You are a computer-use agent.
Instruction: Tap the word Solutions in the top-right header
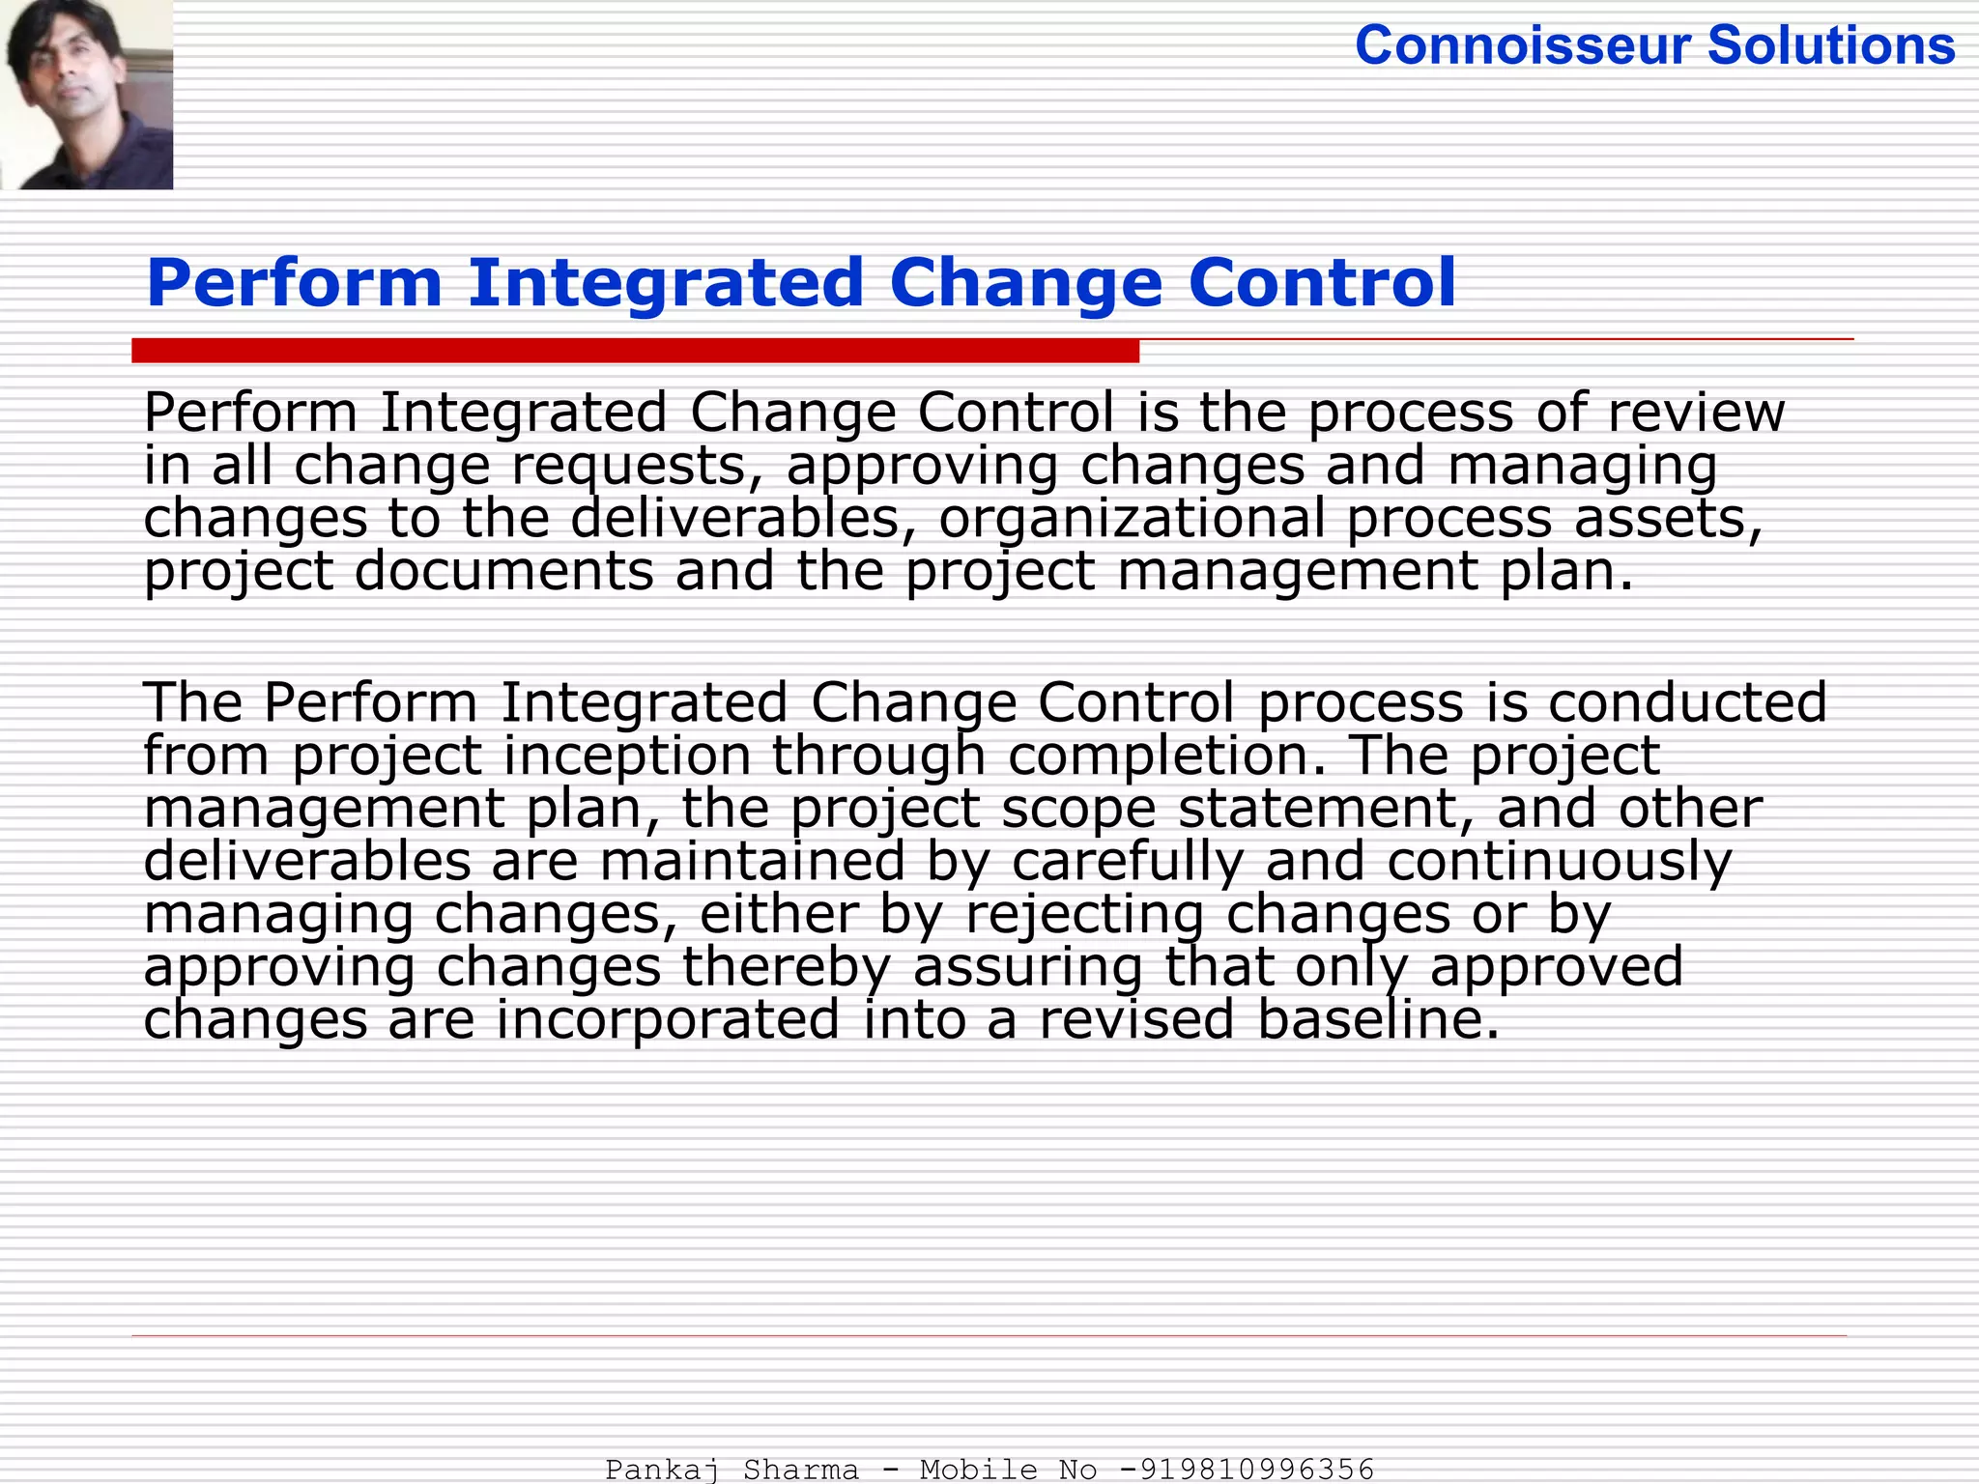[1831, 45]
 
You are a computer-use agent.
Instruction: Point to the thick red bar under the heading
[635, 351]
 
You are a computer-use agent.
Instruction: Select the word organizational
[1132, 519]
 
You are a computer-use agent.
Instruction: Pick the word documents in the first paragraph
[504, 571]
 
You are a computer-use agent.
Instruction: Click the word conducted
[1687, 702]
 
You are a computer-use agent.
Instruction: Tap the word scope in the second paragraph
[1078, 809]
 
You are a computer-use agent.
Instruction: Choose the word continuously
[1560, 862]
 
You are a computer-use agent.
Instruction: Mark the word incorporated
[668, 1020]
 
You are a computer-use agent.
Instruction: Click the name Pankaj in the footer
[662, 1470]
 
